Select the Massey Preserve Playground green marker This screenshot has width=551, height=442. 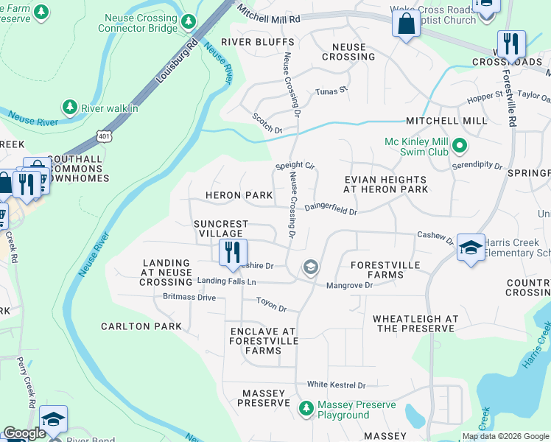(x=306, y=407)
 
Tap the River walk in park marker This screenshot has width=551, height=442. (x=70, y=108)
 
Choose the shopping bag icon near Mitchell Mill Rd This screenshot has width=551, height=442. (x=405, y=24)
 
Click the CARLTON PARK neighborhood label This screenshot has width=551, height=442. (x=141, y=326)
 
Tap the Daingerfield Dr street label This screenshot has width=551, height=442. (x=331, y=210)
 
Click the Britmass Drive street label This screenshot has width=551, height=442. (x=189, y=298)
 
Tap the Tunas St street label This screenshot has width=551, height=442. (x=331, y=91)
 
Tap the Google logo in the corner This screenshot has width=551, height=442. (x=24, y=434)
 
